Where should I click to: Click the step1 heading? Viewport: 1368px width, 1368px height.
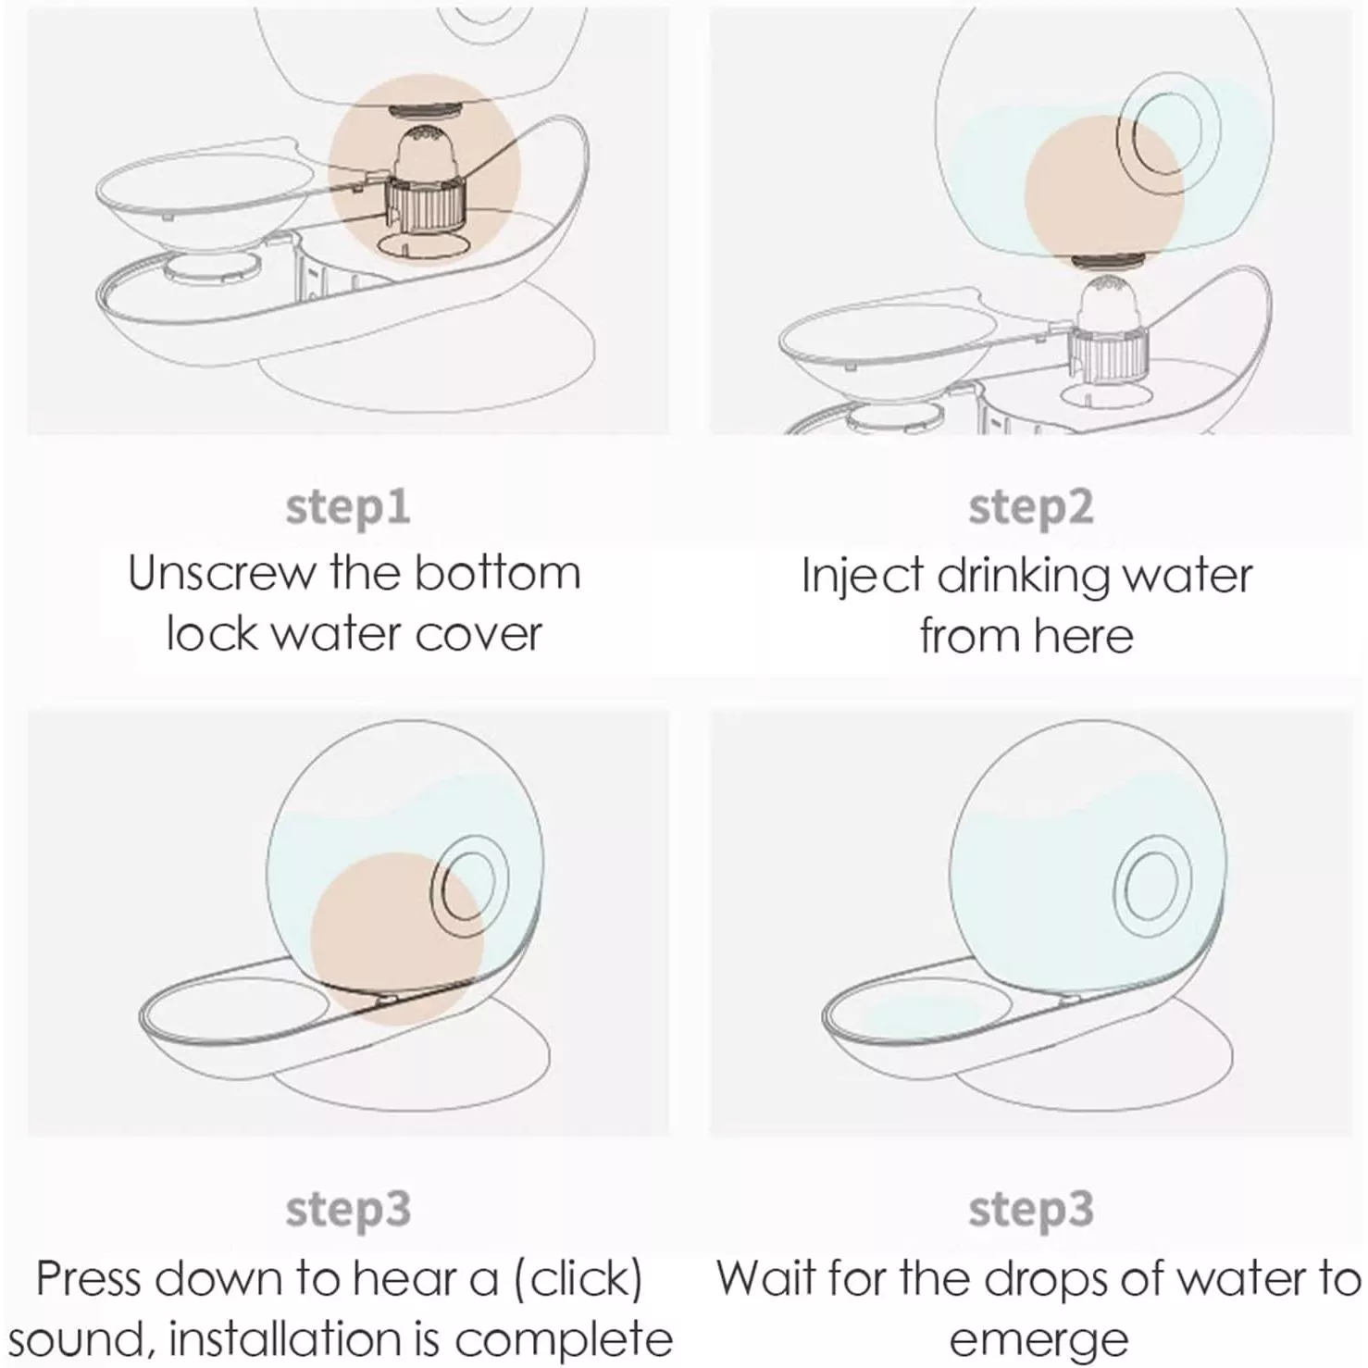point(348,507)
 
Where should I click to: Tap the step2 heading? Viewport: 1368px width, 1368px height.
point(1031,507)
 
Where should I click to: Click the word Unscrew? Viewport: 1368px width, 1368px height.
point(221,573)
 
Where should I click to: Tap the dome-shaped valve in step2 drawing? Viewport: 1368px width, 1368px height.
point(1109,299)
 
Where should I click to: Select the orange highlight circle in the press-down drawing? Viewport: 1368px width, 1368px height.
point(396,939)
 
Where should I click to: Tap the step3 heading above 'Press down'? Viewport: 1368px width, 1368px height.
point(348,1210)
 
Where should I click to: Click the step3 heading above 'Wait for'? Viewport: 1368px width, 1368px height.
point(1031,1210)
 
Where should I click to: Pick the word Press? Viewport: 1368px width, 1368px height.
point(89,1279)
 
